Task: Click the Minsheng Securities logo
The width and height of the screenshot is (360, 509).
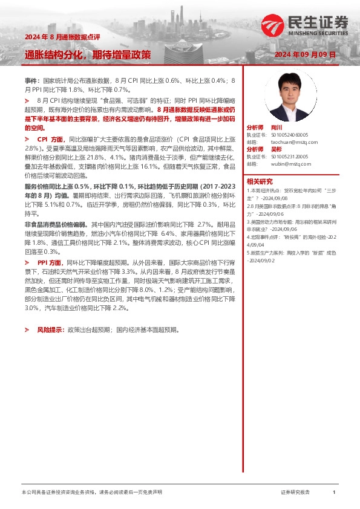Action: click(x=305, y=25)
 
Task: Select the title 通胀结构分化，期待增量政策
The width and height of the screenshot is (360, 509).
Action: click(x=88, y=54)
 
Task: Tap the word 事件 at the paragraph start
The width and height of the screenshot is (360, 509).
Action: click(x=31, y=80)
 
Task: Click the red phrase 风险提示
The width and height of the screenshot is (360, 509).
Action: click(x=51, y=331)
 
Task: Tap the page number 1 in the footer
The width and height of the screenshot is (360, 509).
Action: click(x=334, y=493)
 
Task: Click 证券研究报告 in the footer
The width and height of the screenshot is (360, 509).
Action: click(x=295, y=493)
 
